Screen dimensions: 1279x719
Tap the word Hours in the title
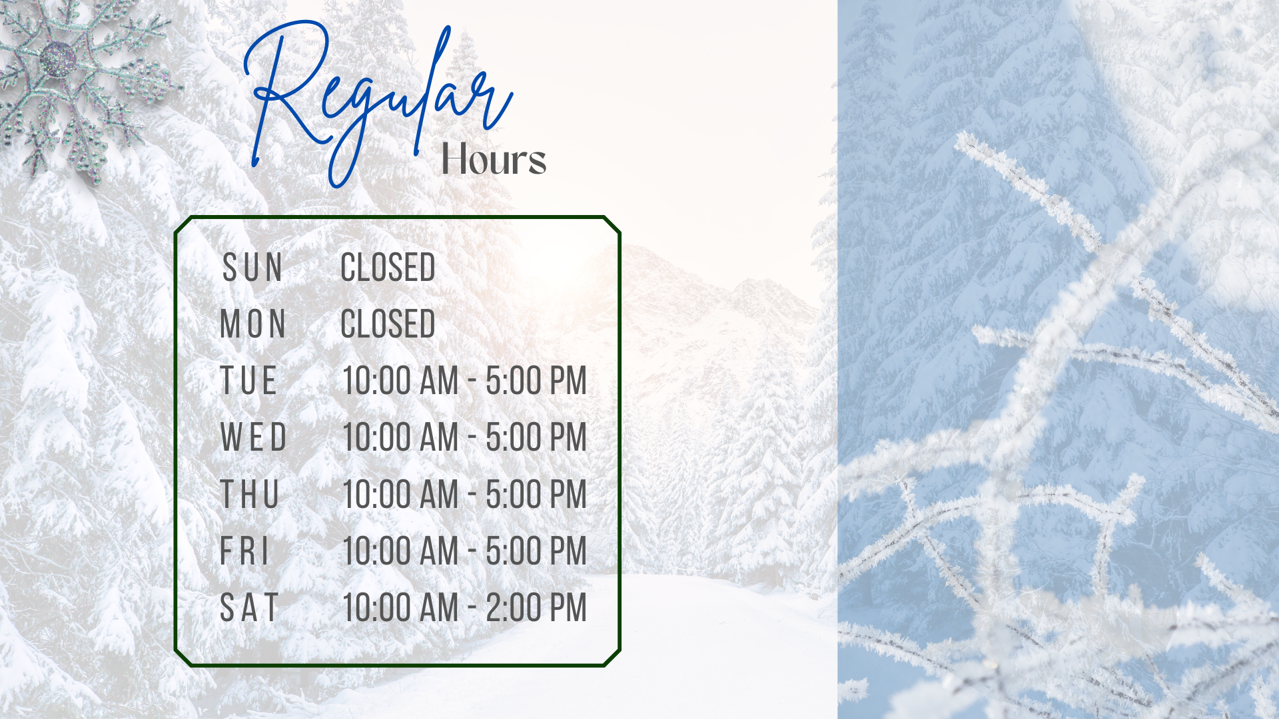click(x=494, y=160)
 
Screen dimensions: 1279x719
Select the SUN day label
click(x=252, y=268)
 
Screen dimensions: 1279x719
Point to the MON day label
click(x=253, y=324)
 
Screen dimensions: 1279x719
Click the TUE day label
click(x=248, y=381)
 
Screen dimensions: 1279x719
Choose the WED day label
click(x=254, y=437)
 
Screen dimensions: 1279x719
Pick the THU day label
click(x=249, y=494)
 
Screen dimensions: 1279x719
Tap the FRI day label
click(x=244, y=551)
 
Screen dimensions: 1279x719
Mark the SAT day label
click(x=249, y=608)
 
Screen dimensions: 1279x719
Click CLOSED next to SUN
click(x=388, y=268)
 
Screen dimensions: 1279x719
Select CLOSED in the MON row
click(x=388, y=324)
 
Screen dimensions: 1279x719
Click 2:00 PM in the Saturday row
click(x=536, y=608)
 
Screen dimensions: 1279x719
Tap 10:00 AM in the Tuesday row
click(x=401, y=381)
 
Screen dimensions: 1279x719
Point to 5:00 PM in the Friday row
click(x=536, y=551)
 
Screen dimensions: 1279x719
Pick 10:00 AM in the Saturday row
click(x=401, y=608)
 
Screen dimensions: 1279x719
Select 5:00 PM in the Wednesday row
click(x=536, y=437)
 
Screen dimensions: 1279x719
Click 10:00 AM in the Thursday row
click(x=401, y=494)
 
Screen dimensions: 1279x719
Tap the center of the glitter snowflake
click(x=59, y=59)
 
